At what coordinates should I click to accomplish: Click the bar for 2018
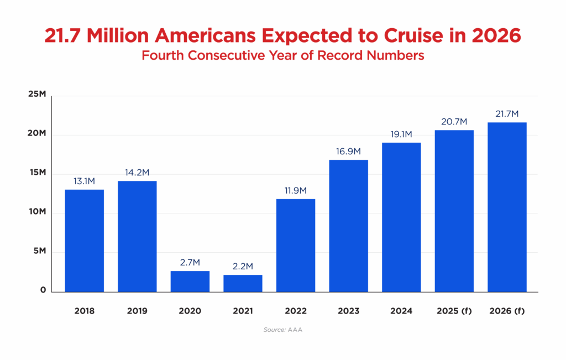tap(84, 241)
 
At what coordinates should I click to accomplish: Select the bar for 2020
tap(190, 281)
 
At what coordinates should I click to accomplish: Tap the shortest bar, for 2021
tap(243, 283)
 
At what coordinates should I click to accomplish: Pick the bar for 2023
tap(348, 226)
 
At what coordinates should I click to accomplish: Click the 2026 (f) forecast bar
tap(507, 207)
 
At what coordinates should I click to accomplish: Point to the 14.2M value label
tap(137, 172)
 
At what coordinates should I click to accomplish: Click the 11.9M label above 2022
tap(296, 190)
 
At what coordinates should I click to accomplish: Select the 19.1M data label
tap(401, 134)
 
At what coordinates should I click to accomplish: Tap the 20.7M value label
tap(454, 121)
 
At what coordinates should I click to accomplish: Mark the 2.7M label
tap(190, 262)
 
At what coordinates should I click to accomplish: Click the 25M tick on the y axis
tap(37, 95)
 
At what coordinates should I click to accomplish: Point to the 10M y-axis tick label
tap(37, 212)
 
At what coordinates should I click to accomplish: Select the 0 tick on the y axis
tap(42, 290)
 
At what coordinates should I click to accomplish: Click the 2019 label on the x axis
tap(137, 311)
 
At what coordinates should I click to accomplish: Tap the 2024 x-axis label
tap(401, 311)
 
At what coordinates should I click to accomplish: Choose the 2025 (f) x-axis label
tap(454, 311)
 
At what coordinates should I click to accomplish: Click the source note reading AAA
tap(282, 330)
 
